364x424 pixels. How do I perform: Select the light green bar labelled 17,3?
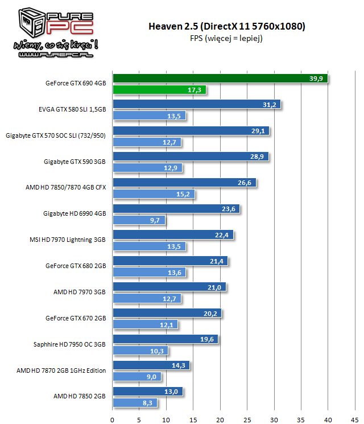[x=159, y=90]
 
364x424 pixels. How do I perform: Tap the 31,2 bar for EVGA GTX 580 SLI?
[x=196, y=105]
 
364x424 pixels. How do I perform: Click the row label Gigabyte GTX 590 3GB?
[x=75, y=162]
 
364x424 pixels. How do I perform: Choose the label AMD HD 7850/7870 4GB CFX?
[x=66, y=187]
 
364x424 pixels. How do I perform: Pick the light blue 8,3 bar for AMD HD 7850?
[x=135, y=403]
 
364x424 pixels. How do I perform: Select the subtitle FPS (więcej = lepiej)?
[x=226, y=38]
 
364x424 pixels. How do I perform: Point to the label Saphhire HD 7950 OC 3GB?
[x=70, y=344]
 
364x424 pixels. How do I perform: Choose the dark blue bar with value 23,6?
[x=176, y=209]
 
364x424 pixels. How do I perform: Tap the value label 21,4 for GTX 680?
[x=218, y=261]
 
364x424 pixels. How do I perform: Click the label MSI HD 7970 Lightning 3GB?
[x=68, y=240]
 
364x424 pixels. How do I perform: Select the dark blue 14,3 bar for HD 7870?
[x=151, y=365]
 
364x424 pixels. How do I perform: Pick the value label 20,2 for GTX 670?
[x=212, y=313]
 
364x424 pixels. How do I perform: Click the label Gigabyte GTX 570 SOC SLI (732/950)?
[x=56, y=135]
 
